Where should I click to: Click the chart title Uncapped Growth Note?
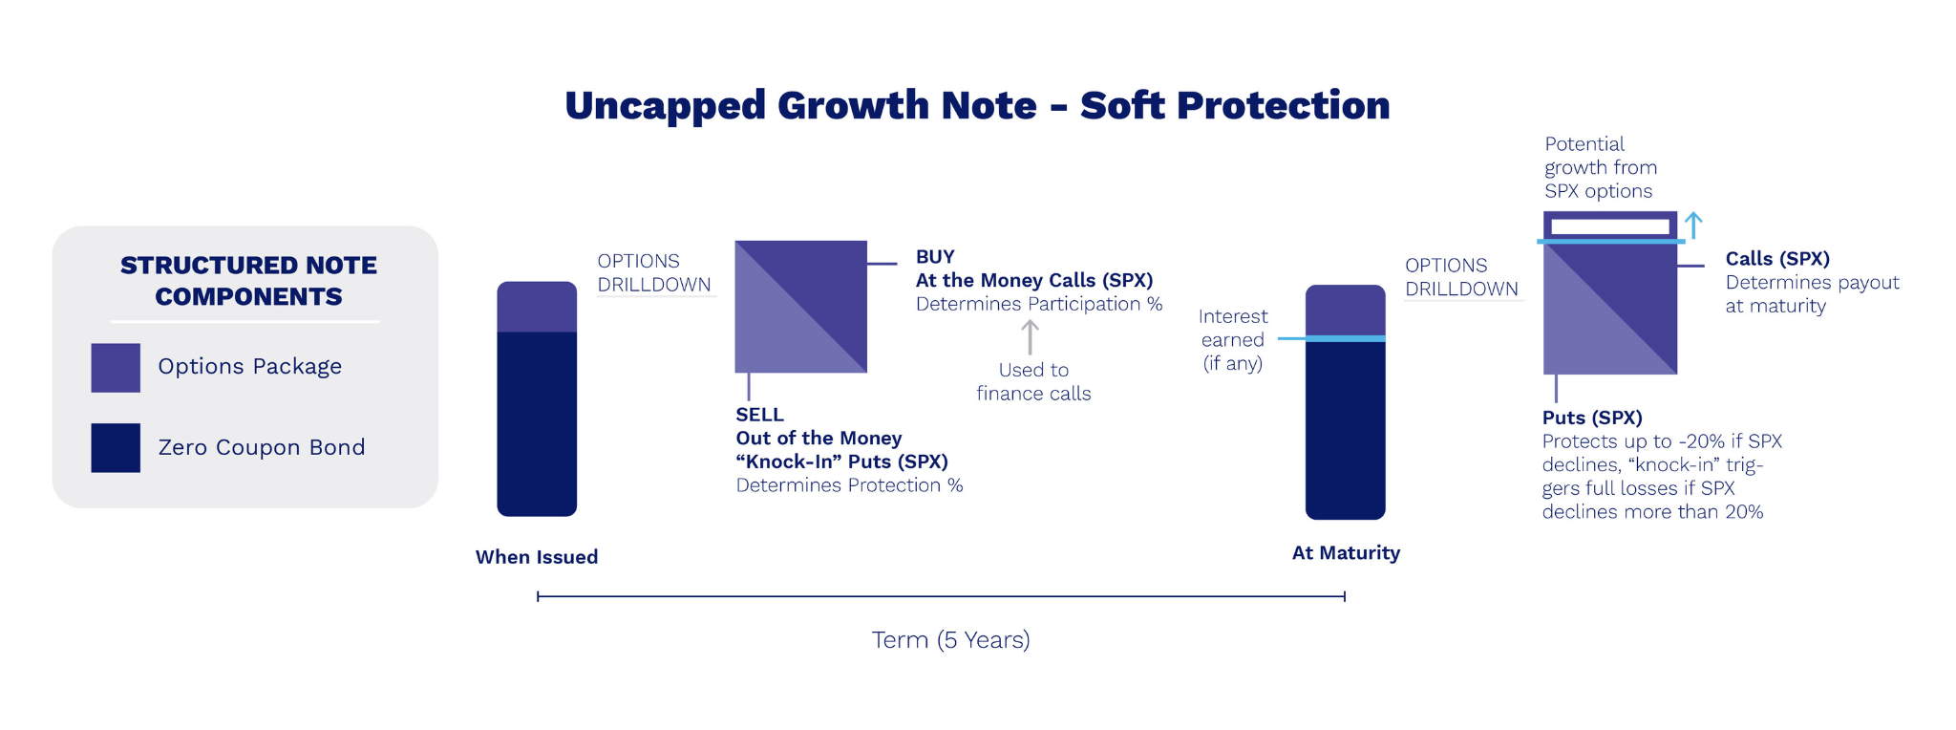(800, 106)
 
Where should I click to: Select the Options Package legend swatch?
(116, 368)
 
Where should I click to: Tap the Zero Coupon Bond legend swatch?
(116, 448)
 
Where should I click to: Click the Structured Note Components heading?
(248, 281)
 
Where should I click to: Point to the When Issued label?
(537, 557)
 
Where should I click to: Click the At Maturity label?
(1346, 553)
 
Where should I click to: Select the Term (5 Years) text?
(950, 640)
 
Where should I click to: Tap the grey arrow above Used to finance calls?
(1030, 337)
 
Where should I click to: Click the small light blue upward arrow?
(1693, 225)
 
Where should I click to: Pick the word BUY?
(935, 257)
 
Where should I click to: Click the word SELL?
(759, 415)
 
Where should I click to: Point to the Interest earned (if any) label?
(1233, 340)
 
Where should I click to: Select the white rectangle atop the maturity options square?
(1610, 226)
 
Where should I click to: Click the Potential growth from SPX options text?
(1601, 168)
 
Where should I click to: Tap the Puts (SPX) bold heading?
(1592, 418)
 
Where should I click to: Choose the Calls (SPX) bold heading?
(1777, 259)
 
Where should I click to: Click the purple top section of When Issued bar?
(537, 307)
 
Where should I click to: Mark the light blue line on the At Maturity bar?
(1331, 338)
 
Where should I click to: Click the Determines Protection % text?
(849, 485)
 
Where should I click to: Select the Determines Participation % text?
(1039, 304)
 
